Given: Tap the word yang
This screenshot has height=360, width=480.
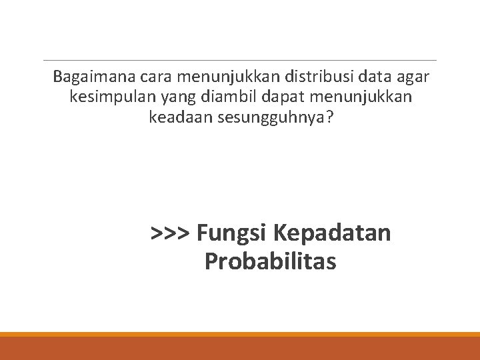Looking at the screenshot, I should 175,99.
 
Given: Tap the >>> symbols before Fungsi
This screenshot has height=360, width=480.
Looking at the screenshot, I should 171,233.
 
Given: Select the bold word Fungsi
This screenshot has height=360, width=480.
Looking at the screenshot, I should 232,233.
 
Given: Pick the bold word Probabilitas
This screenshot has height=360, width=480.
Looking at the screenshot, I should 270,261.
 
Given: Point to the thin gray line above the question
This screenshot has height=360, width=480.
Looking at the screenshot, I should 240,60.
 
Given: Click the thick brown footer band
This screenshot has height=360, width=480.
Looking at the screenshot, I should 240,348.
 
